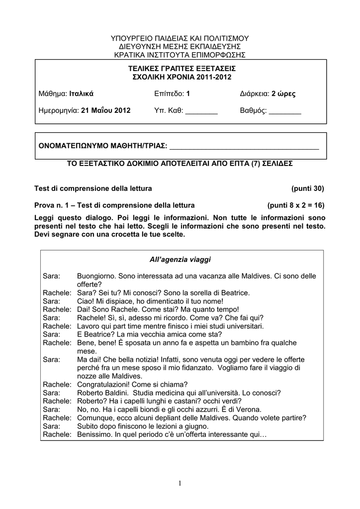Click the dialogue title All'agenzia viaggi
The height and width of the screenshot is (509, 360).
[180, 259]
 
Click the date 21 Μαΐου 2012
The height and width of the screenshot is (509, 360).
[105, 110]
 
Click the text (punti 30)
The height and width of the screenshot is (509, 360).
[308, 188]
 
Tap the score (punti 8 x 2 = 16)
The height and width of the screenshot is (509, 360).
[296, 205]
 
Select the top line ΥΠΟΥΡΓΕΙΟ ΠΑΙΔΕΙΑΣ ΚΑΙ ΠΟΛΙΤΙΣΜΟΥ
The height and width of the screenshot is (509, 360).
[180, 38]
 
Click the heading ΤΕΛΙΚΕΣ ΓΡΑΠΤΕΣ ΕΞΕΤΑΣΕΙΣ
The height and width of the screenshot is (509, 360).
[182, 68]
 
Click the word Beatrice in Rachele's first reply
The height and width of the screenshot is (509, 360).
[230, 293]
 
